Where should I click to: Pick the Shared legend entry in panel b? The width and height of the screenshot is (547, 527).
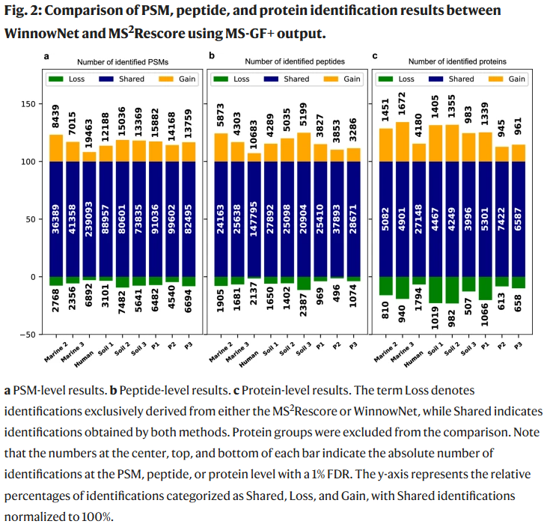[288, 79]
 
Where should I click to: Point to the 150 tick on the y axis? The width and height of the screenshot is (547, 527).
[31, 104]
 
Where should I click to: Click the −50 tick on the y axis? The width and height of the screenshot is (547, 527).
[28, 335]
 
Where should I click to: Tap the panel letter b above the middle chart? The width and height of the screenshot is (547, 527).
[211, 56]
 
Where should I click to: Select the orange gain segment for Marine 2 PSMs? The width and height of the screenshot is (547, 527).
[56, 148]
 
